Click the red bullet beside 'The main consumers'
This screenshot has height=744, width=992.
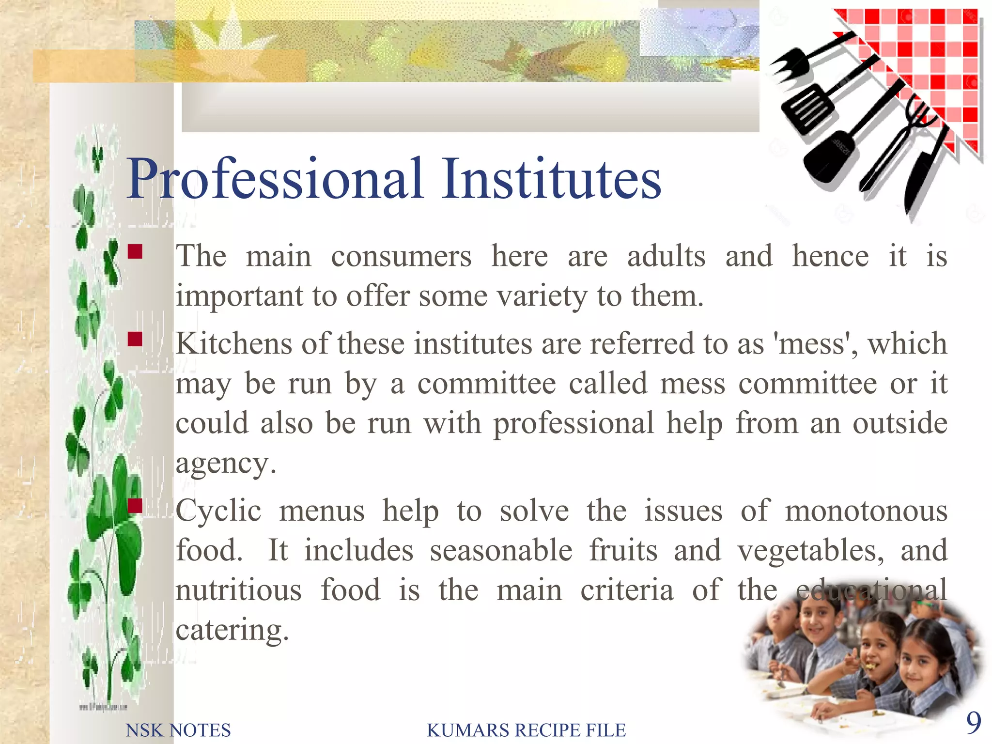point(135,251)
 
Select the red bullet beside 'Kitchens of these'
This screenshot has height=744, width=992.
point(135,339)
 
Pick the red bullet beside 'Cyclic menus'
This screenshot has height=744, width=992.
point(135,506)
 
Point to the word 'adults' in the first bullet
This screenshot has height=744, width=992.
point(666,256)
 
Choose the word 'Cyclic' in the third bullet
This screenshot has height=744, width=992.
point(218,511)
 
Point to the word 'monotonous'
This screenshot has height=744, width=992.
point(866,511)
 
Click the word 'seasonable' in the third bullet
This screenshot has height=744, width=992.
point(501,551)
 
